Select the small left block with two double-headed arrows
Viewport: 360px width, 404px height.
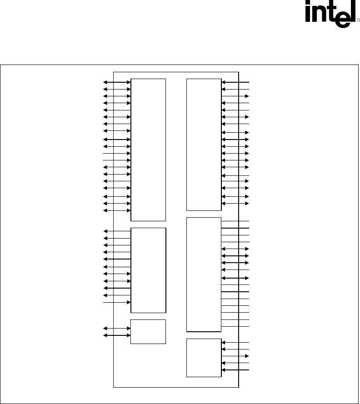(148, 332)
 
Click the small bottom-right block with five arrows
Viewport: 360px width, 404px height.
(204, 358)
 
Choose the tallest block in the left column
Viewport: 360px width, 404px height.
(148, 150)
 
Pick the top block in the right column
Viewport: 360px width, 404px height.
(204, 145)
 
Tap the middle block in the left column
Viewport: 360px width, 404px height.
(148, 270)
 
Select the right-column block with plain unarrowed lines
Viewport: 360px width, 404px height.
(204, 274)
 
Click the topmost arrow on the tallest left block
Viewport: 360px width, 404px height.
(117, 82)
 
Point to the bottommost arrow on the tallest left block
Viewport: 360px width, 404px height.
(117, 211)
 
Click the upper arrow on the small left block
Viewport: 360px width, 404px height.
(117, 328)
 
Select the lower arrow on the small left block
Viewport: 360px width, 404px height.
(117, 335)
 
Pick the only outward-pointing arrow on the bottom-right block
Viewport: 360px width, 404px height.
(235, 356)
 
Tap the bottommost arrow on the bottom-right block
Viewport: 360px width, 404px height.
(235, 370)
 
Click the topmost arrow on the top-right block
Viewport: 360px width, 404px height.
(235, 82)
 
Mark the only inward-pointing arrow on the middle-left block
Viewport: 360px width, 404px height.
(117, 302)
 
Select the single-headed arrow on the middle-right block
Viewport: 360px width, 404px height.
(235, 270)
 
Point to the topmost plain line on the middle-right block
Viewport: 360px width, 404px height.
(235, 221)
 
